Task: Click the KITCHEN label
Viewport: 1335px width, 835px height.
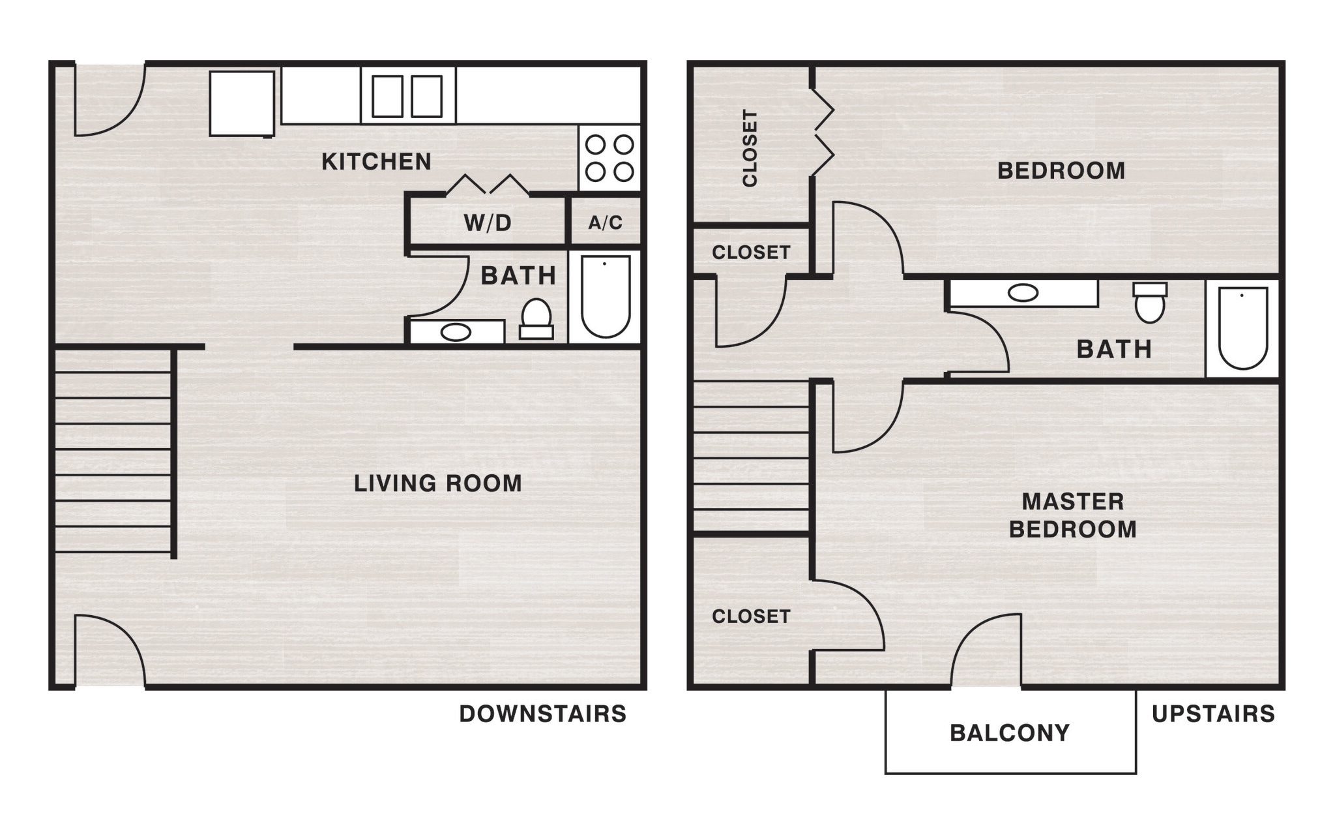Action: (376, 162)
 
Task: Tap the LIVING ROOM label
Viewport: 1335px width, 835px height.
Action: (437, 483)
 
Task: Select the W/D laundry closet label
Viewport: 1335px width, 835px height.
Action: (488, 223)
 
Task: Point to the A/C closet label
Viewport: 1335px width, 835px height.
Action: (605, 223)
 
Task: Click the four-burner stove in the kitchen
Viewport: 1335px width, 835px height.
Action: (609, 158)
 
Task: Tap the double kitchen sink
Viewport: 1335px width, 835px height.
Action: (407, 97)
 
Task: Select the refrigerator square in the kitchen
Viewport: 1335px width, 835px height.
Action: (242, 104)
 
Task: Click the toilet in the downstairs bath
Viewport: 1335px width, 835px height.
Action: (536, 319)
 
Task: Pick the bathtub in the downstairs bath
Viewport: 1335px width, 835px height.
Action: (606, 296)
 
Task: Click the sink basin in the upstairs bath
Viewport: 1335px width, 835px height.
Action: (1023, 293)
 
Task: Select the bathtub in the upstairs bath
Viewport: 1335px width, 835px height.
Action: (1242, 328)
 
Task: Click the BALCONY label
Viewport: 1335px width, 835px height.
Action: (1010, 733)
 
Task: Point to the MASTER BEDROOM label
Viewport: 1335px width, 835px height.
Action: (1072, 515)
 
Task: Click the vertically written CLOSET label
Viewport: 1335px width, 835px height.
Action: (750, 148)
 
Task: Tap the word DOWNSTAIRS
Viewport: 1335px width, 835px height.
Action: (542, 714)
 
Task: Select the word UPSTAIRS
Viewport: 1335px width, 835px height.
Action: (1213, 714)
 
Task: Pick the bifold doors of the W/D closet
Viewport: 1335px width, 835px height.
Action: (487, 185)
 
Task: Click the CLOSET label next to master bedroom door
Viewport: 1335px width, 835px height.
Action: (751, 616)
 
